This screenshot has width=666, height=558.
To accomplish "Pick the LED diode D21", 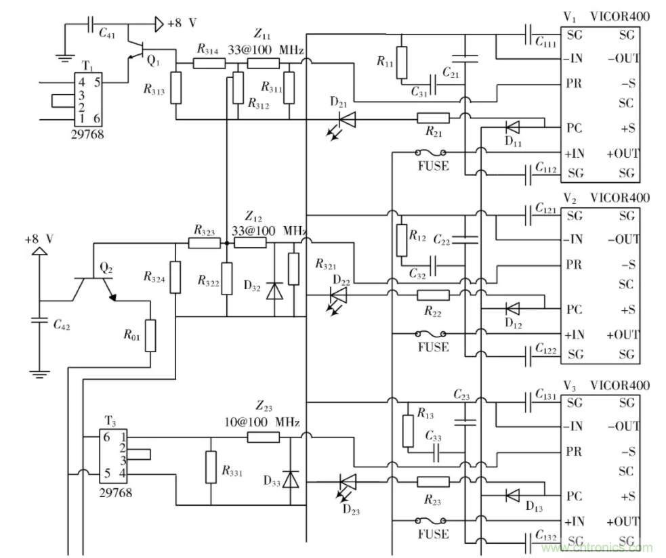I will (346, 120).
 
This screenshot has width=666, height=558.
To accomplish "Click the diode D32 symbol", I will (274, 290).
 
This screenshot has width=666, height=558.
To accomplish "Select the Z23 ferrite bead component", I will (263, 437).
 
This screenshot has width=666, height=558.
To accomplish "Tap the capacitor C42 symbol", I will (41, 322).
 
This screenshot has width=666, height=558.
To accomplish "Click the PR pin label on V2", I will (573, 263).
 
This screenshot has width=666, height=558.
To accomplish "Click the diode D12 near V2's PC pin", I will (513, 309).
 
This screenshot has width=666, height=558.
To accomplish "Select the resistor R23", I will (433, 481).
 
